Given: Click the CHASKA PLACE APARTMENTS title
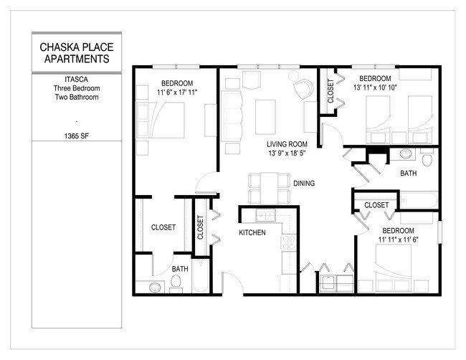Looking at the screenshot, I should (x=75, y=53).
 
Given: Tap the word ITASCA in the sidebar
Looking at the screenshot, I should (x=75, y=80).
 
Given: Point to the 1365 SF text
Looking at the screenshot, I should (x=75, y=134).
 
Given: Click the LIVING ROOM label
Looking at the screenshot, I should (x=287, y=144).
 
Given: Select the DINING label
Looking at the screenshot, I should (x=304, y=184).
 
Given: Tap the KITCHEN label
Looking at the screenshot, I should (x=252, y=233).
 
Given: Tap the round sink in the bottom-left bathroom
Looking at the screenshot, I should (x=156, y=288).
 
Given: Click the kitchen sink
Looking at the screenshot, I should (x=265, y=215).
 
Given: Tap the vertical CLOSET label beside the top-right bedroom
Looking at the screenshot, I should (x=331, y=92).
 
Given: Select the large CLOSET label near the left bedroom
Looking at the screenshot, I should (x=163, y=227).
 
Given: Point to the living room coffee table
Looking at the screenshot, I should (x=262, y=112).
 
